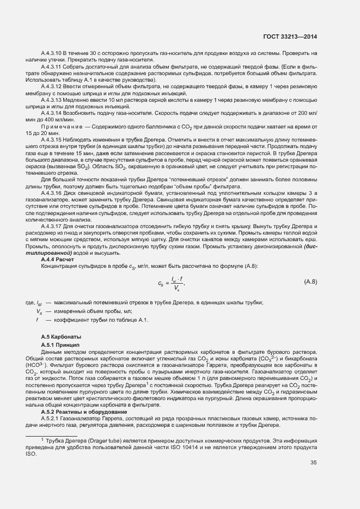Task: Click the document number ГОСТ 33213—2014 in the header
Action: pyautogui.click(x=290, y=36)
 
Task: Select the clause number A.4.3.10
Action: pyautogui.click(x=52, y=53)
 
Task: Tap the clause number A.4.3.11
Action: pyautogui.click(x=52, y=66)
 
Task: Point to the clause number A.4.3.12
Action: pyautogui.click(x=52, y=87)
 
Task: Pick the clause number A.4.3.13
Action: pyautogui.click(x=52, y=100)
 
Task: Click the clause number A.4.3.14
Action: pyautogui.click(x=52, y=114)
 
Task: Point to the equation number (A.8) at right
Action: pyautogui.click(x=310, y=281)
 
